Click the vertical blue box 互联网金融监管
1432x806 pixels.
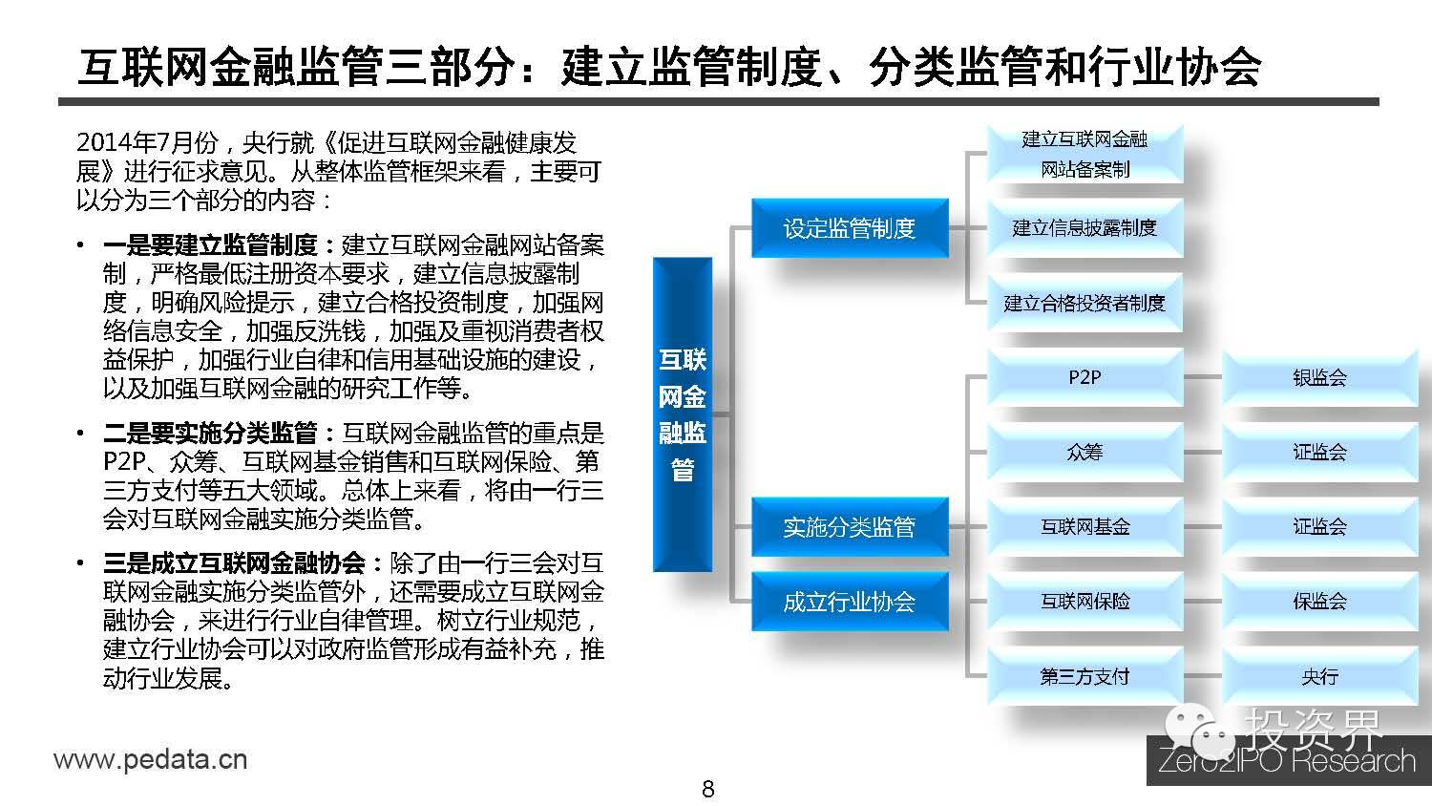coord(683,414)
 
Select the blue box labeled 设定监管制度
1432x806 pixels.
coord(849,228)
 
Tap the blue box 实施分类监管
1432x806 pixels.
coord(849,527)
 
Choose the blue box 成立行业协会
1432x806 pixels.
coord(849,602)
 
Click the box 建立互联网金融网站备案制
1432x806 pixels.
coord(1085,154)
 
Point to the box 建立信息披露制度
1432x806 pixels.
coord(1085,228)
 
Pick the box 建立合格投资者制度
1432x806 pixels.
coord(1085,303)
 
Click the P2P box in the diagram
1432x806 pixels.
coord(1085,377)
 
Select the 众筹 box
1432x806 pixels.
coord(1085,452)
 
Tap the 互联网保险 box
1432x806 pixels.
coord(1085,602)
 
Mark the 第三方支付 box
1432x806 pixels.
coord(1085,676)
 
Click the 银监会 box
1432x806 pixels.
coord(1319,377)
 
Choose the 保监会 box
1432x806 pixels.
coord(1319,602)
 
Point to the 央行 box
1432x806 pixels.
coord(1319,676)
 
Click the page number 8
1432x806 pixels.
coord(707,789)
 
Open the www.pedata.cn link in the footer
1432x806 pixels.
coord(150,760)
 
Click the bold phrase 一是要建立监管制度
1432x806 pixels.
coord(221,245)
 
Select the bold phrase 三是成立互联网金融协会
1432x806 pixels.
coord(244,562)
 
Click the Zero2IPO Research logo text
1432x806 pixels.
coord(1286,761)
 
